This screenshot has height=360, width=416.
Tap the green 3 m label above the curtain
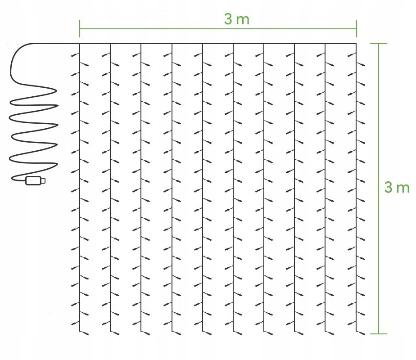point(236,19)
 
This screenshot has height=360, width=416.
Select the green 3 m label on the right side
point(397,187)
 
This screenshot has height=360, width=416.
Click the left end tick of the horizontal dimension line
point(80,28)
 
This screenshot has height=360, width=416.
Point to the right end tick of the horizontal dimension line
point(357,28)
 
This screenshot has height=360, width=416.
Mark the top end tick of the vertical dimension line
point(378,44)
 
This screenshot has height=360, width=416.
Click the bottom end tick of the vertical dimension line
point(378,334)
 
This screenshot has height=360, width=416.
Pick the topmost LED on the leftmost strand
point(74,55)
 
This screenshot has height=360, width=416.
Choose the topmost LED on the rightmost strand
point(351,55)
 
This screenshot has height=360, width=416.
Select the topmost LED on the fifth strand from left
point(197,55)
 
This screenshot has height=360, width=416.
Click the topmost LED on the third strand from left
point(135,55)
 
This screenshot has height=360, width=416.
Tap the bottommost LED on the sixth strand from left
point(239,333)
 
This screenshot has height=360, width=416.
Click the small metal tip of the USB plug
point(43,181)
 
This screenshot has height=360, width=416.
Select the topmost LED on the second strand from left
point(104,55)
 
